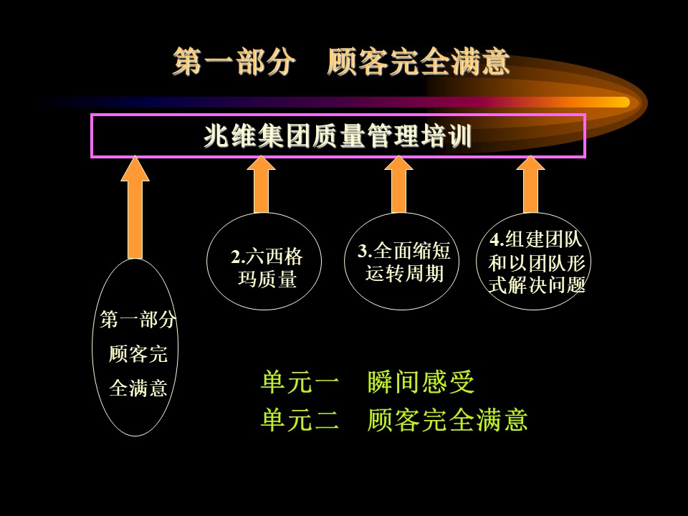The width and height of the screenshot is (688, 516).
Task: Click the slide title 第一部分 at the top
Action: (234, 62)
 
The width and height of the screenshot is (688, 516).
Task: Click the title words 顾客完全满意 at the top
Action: (419, 62)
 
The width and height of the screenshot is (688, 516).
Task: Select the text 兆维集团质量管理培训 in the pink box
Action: (338, 136)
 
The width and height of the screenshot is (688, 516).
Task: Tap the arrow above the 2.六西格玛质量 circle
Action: (261, 184)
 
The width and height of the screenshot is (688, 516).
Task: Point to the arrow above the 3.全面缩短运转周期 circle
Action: (399, 184)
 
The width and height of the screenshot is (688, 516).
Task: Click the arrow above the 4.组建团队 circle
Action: (530, 184)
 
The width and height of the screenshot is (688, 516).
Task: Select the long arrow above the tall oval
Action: (135, 207)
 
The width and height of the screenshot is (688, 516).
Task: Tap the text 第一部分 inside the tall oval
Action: (138, 320)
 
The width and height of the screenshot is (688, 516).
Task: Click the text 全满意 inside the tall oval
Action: (138, 388)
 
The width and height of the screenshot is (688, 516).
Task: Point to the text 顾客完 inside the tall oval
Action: (138, 353)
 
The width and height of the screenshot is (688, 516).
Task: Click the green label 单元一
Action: (300, 382)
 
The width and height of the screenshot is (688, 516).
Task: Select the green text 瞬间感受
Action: (421, 382)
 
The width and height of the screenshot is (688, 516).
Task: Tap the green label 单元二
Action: (300, 419)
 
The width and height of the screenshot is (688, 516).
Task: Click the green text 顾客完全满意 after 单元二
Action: (447, 419)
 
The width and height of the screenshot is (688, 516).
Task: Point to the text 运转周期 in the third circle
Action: (404, 273)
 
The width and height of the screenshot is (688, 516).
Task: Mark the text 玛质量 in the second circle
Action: (267, 279)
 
